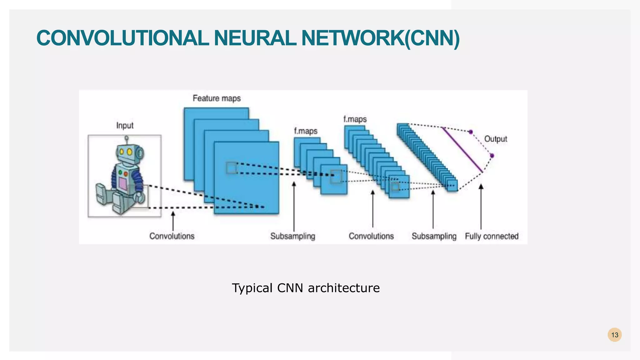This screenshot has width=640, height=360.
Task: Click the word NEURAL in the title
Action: click(255, 38)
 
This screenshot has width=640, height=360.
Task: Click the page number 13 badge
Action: click(614, 335)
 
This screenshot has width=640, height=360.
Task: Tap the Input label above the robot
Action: click(125, 125)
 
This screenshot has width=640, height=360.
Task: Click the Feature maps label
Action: click(217, 98)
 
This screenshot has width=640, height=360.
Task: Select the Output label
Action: click(496, 139)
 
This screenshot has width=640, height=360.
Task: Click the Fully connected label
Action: click(492, 236)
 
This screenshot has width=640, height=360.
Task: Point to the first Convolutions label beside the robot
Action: click(172, 236)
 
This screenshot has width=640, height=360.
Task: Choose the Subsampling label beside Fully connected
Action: click(434, 236)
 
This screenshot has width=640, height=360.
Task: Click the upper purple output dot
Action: click(471, 132)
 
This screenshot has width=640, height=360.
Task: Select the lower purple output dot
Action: click(492, 156)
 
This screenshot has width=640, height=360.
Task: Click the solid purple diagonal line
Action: click(462, 150)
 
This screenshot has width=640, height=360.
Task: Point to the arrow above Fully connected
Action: click(481, 206)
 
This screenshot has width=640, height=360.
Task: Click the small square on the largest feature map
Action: click(232, 168)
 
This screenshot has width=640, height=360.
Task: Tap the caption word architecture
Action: click(343, 288)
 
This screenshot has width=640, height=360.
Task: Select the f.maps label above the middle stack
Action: click(305, 131)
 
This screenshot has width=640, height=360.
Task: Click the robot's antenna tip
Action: click(127, 137)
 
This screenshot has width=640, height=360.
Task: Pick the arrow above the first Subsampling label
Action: click(294, 206)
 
